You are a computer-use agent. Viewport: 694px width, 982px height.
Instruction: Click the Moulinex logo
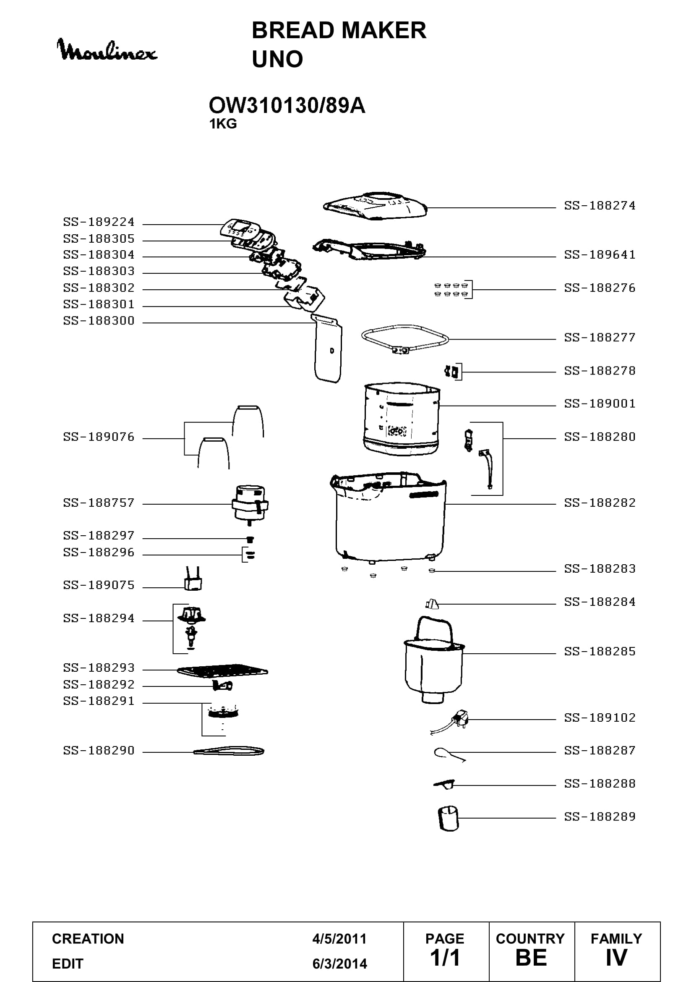(x=107, y=50)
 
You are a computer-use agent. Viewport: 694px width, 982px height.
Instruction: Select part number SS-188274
(x=600, y=206)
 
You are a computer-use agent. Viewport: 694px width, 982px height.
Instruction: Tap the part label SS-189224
(x=99, y=222)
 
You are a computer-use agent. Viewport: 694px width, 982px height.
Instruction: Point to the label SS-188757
(x=99, y=503)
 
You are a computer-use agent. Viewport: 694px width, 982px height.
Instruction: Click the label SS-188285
(x=600, y=652)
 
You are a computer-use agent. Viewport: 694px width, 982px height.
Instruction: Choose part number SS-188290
(x=99, y=750)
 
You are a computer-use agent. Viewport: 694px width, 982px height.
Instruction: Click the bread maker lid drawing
(x=375, y=207)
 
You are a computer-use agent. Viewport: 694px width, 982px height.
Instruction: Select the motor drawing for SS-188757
(x=250, y=506)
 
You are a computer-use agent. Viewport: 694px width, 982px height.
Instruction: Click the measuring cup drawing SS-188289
(x=448, y=819)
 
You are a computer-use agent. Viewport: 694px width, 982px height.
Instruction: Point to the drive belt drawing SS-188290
(x=229, y=751)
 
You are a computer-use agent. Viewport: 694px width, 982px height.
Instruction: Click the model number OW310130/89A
(x=287, y=106)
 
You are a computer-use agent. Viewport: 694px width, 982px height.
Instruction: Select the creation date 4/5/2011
(x=339, y=939)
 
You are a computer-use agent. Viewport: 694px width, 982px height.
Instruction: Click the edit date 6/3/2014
(x=339, y=964)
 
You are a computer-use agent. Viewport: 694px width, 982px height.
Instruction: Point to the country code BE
(x=531, y=958)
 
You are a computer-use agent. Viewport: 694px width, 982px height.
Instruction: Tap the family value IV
(x=616, y=958)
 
